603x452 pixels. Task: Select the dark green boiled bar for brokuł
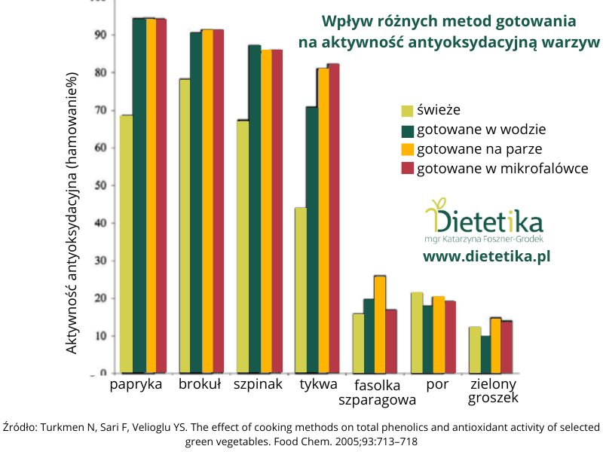point(195,203)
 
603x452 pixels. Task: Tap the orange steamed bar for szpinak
point(266,211)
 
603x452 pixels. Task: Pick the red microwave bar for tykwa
point(333,218)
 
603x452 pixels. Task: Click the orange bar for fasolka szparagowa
point(380,325)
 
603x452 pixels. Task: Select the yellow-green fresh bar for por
point(416,332)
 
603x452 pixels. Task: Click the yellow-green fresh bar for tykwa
point(300,290)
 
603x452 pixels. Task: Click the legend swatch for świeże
point(407,110)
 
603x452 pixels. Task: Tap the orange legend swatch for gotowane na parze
point(407,149)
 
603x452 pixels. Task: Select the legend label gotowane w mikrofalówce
point(502,168)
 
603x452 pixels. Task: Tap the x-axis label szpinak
point(257,385)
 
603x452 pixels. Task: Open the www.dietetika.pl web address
point(486,257)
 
